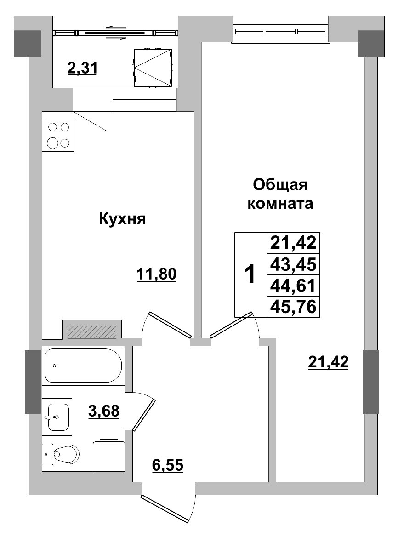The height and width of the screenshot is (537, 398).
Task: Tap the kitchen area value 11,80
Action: pyautogui.click(x=156, y=274)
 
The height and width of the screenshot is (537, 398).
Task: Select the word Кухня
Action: pyautogui.click(x=122, y=219)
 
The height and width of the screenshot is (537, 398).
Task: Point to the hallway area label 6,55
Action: pyautogui.click(x=168, y=465)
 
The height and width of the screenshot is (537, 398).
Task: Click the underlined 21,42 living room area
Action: pyautogui.click(x=328, y=362)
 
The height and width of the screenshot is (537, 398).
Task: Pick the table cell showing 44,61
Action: pyautogui.click(x=293, y=286)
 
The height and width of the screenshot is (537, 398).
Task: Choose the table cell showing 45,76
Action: pyautogui.click(x=293, y=307)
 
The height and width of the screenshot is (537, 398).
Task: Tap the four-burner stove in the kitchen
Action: pyautogui.click(x=59, y=135)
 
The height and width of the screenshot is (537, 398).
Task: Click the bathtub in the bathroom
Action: pyautogui.click(x=83, y=366)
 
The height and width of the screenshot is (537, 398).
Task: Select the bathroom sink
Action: pyautogui.click(x=57, y=417)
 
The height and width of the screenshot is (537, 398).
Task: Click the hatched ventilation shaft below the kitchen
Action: pyautogui.click(x=92, y=331)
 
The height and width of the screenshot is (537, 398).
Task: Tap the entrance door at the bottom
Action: pyautogui.click(x=166, y=509)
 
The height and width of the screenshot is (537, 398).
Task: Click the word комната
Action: pyautogui.click(x=280, y=204)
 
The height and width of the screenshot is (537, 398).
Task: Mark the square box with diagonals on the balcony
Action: pyautogui.click(x=153, y=67)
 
